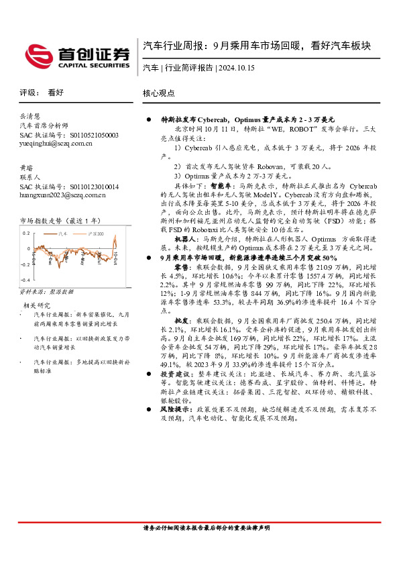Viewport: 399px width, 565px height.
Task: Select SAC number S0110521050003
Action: [x=70, y=135]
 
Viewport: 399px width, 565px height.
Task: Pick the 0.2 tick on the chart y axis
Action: [x=26, y=233]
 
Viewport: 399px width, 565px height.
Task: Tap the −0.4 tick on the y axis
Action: [x=25, y=278]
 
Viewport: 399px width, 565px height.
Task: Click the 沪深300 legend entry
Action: [x=94, y=234]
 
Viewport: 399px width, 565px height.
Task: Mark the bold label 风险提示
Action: [x=175, y=408]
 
